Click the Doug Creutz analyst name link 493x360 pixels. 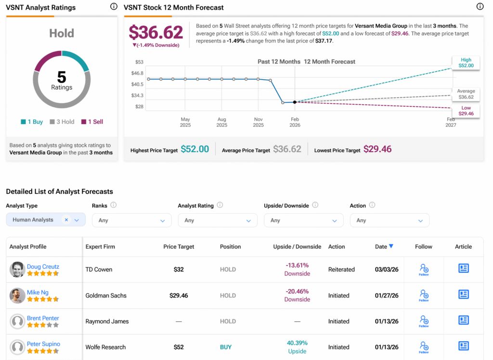[x=43, y=266]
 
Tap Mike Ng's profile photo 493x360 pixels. [x=17, y=296]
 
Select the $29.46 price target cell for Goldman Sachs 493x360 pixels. [x=179, y=296]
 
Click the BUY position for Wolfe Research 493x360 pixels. [x=226, y=347]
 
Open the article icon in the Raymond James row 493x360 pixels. [x=463, y=320]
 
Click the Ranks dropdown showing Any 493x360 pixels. [x=131, y=220]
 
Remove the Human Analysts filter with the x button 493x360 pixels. [x=66, y=219]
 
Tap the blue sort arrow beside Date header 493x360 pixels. [x=391, y=246]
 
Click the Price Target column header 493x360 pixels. [x=179, y=246]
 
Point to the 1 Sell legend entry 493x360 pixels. [x=92, y=122]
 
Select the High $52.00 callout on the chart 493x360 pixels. [x=466, y=63]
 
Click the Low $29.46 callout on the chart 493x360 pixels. [x=466, y=111]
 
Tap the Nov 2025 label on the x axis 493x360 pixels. [x=258, y=122]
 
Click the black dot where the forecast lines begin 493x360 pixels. [x=295, y=102]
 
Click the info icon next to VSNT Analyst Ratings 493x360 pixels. [x=114, y=7]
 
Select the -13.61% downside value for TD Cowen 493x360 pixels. [x=297, y=265]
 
